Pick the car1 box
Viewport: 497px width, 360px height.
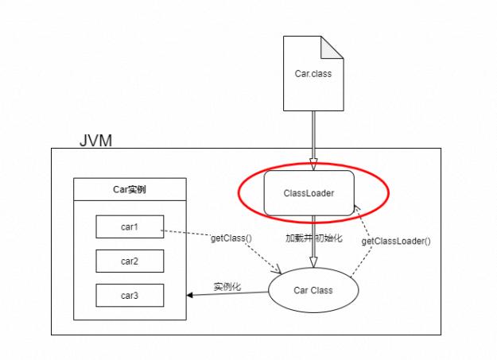tap(130, 226)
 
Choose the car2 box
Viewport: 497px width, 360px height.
tap(130, 261)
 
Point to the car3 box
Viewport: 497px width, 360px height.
tap(130, 295)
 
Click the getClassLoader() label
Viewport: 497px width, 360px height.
tap(395, 241)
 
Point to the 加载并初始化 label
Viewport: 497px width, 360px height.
tap(313, 238)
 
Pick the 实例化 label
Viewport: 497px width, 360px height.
tap(227, 286)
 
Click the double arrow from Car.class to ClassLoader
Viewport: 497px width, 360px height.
tap(313, 140)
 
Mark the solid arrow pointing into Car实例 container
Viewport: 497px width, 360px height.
tap(227, 294)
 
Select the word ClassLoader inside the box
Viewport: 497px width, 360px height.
tap(309, 193)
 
